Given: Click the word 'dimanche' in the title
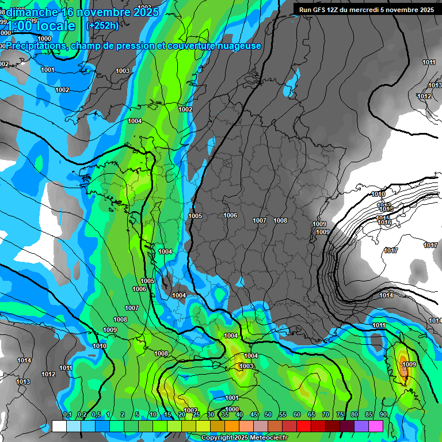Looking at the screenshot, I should (33, 12).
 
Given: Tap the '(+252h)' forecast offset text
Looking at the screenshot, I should (102, 25).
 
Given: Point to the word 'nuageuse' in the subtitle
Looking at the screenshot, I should (239, 45).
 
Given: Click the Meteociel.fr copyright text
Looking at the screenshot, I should (245, 438).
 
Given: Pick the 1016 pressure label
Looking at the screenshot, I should (384, 222).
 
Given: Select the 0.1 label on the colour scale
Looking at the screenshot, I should (67, 415).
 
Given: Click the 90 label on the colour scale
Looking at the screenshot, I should (383, 415).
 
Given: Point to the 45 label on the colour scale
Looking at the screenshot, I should (254, 415).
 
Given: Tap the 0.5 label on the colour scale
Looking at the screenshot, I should (96, 415).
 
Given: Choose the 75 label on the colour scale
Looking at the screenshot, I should (340, 415).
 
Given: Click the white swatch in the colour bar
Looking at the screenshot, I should (59, 426).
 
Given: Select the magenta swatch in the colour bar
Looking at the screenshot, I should (375, 426).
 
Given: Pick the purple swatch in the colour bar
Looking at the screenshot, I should (361, 426).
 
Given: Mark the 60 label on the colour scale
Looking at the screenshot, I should (297, 415).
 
